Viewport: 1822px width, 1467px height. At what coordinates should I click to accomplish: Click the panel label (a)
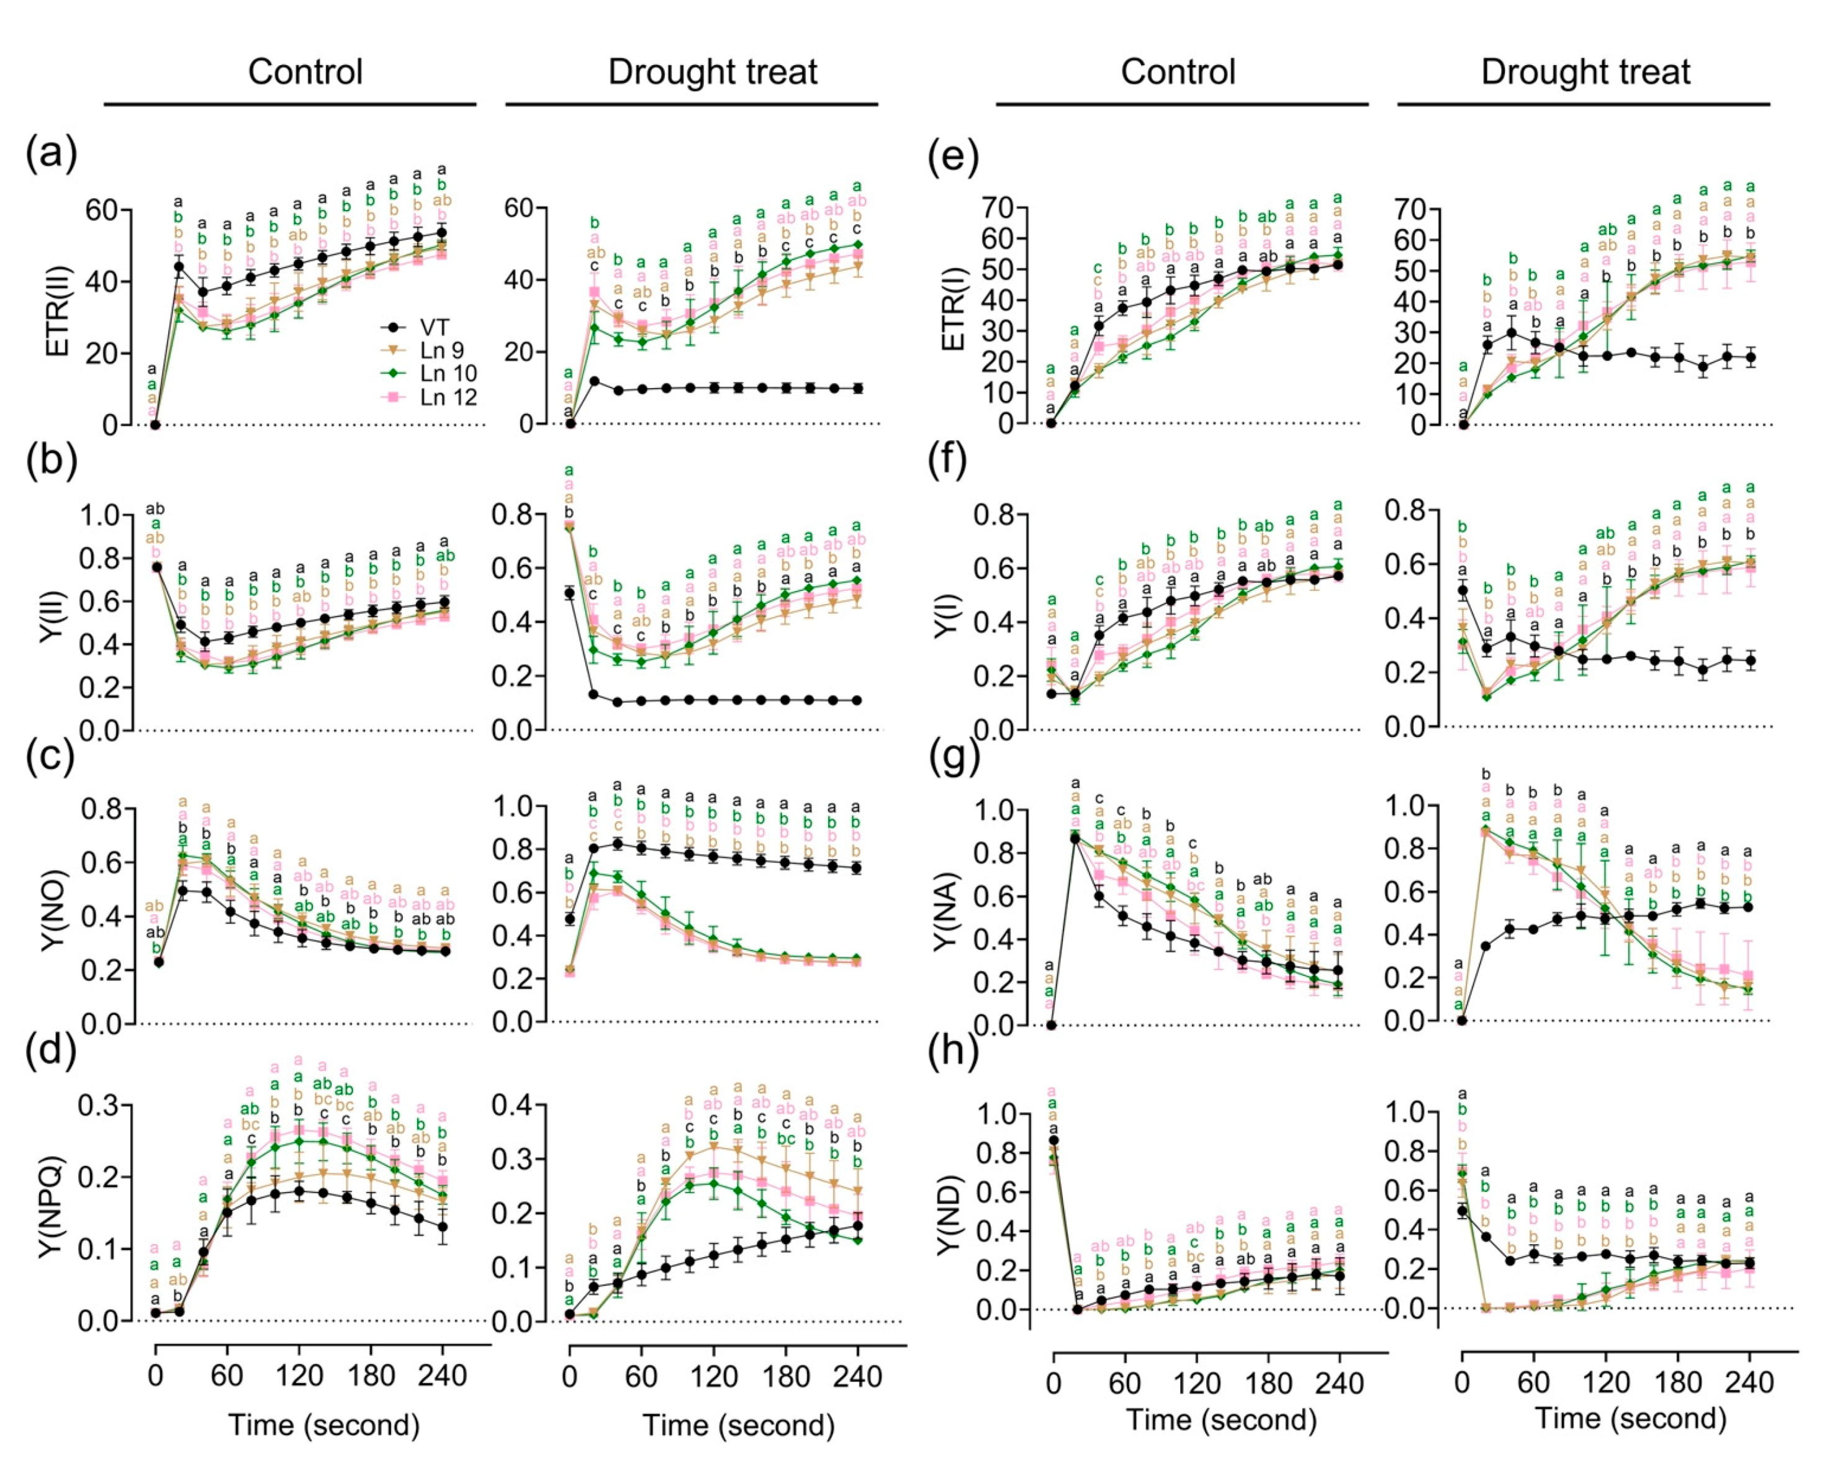pos(52,155)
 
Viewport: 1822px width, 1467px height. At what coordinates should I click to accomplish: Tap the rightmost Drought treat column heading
pos(1585,73)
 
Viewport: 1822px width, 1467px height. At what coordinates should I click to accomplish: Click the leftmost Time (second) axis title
pos(323,1425)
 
